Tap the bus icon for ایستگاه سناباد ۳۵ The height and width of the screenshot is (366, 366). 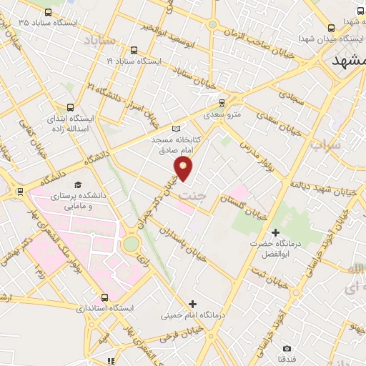point(48,12)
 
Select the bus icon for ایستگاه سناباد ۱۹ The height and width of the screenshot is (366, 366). point(134,50)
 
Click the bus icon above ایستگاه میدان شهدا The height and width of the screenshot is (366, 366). point(360,11)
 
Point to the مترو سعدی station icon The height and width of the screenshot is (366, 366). point(222,102)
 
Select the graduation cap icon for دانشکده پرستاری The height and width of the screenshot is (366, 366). point(78,184)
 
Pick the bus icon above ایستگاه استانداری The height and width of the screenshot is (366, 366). point(105,297)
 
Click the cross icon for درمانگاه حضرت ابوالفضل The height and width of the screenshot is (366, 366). point(275,232)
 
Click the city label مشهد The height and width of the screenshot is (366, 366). point(349,62)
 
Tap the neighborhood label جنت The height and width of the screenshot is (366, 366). point(189,194)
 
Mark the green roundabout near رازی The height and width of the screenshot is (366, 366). point(130,244)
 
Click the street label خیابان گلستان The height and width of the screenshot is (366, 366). point(244,204)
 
